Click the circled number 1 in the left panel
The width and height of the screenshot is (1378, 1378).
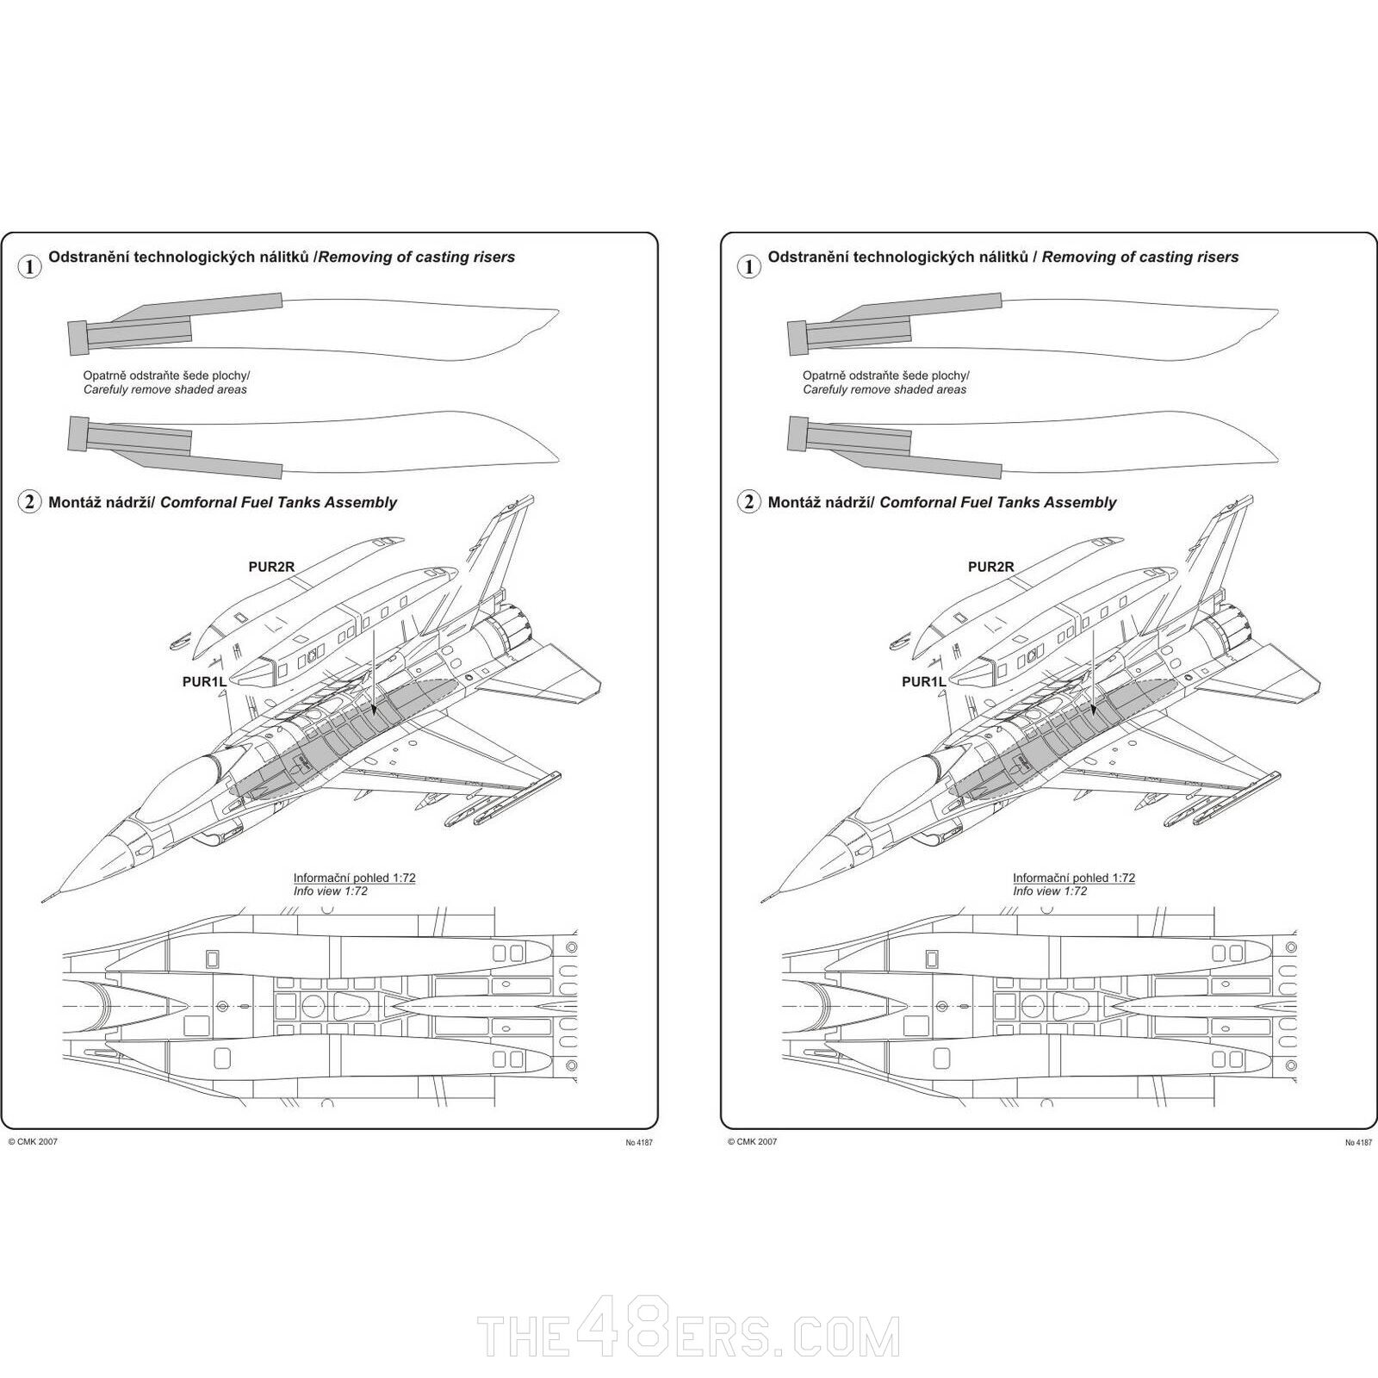point(29,267)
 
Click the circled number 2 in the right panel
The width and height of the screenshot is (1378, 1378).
point(748,502)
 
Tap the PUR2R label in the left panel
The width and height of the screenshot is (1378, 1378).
point(271,567)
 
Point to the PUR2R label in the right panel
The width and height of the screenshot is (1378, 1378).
point(990,567)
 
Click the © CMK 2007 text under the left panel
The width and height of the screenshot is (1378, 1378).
point(33,1142)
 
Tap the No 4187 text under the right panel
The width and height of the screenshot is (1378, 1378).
point(1358,1143)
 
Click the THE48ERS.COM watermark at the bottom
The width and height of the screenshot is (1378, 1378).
point(689,1336)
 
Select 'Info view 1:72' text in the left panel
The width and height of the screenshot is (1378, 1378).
point(330,891)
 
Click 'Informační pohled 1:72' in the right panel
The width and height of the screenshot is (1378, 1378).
point(1073,878)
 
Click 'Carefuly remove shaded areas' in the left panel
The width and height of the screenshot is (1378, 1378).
point(164,389)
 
